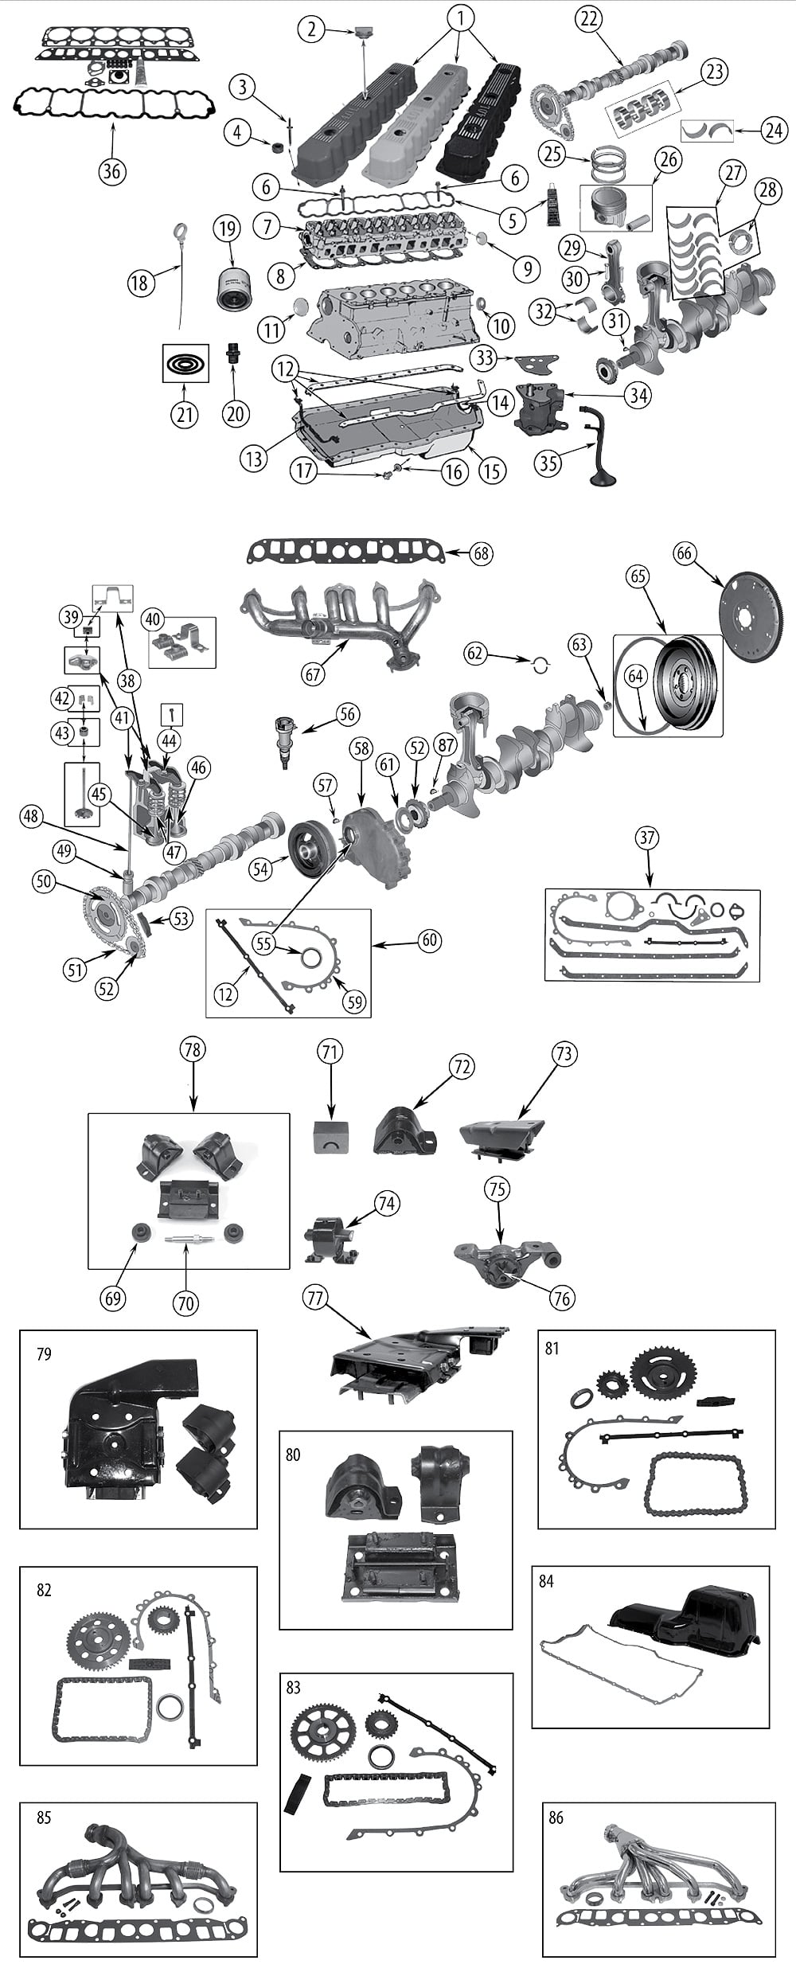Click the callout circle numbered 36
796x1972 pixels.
(x=112, y=170)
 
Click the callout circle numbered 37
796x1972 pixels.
(x=646, y=837)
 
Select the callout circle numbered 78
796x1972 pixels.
(x=192, y=1050)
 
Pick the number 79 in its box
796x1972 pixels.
(x=44, y=1354)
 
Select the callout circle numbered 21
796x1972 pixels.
(x=185, y=415)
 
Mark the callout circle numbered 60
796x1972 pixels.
(x=429, y=941)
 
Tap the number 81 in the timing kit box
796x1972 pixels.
(x=552, y=1348)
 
